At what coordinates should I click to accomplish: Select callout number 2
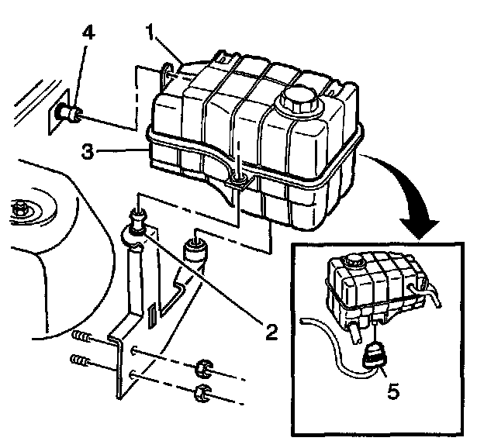click(269, 333)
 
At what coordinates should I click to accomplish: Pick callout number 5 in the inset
click(393, 392)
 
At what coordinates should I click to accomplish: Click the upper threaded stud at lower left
click(79, 336)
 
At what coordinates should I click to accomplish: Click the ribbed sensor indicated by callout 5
click(375, 356)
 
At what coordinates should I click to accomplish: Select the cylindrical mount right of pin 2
click(195, 253)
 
